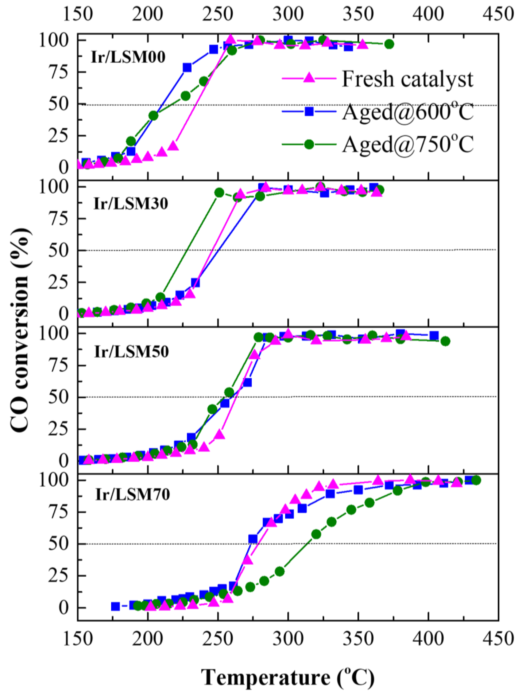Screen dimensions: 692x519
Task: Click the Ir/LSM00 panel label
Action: coord(128,57)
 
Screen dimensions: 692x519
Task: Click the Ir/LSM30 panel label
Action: coord(131,204)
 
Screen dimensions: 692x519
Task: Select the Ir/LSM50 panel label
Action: coord(132,351)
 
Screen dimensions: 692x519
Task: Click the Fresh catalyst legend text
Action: coord(407,79)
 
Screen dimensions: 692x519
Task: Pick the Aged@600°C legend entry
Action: coord(407,112)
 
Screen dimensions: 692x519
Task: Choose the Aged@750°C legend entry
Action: coord(407,144)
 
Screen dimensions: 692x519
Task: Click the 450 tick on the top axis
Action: coord(498,14)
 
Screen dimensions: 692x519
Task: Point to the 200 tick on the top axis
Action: coord(148,14)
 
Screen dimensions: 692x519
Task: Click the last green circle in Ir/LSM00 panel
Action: coord(389,44)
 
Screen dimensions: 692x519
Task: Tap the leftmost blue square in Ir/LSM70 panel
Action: coord(115,606)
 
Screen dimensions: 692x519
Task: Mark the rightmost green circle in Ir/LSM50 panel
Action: coord(445,341)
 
